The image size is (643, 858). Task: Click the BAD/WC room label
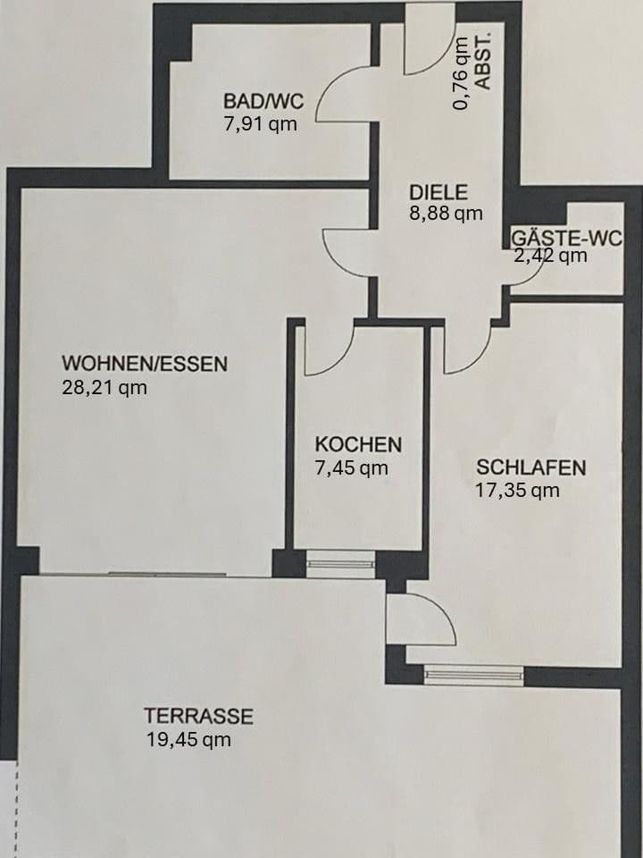click(263, 101)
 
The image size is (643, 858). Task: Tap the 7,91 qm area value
click(261, 124)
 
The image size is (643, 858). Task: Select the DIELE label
click(438, 192)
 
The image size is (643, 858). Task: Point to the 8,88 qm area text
click(447, 213)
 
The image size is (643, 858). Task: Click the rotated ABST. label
click(484, 62)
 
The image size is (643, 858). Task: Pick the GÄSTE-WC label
click(566, 239)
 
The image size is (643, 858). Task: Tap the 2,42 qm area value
click(551, 256)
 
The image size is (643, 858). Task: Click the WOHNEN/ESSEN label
click(145, 364)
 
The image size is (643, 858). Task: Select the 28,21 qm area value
click(104, 387)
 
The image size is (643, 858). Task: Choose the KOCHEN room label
click(358, 444)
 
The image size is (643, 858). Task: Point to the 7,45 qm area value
click(352, 467)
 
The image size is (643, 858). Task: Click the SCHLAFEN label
click(530, 467)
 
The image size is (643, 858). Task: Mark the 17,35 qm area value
click(517, 491)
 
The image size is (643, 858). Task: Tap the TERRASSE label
click(198, 716)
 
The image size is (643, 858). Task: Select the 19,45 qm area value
click(188, 740)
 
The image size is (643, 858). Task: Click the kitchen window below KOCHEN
click(340, 564)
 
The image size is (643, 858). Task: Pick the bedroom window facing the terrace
click(473, 676)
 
